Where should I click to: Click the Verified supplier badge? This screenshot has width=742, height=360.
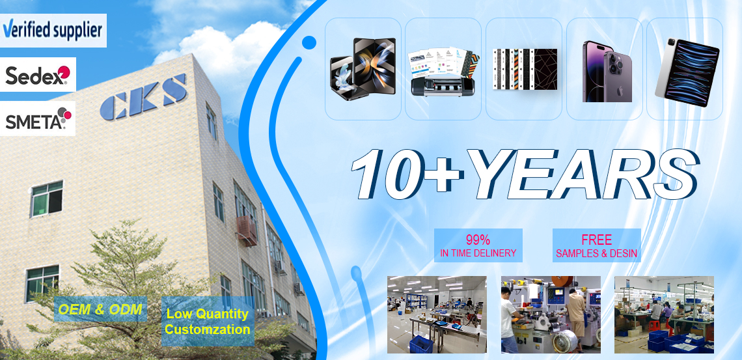click(53, 31)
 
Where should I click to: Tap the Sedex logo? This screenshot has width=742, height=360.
click(38, 74)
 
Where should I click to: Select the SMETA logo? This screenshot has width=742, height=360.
click(38, 118)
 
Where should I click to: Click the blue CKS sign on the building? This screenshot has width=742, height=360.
click(143, 96)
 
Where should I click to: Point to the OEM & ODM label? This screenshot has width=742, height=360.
click(100, 309)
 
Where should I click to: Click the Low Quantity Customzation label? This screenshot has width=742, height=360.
click(208, 321)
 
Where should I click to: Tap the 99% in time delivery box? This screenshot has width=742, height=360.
click(478, 245)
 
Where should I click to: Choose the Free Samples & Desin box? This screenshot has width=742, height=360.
click(597, 245)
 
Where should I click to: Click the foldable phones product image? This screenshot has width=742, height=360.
click(363, 69)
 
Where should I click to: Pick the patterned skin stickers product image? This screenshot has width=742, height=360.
click(525, 69)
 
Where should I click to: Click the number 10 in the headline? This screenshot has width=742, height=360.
click(388, 174)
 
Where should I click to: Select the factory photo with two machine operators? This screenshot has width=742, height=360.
click(551, 314)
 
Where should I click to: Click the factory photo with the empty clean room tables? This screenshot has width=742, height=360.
click(437, 314)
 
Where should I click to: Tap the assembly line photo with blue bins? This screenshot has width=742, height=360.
click(664, 314)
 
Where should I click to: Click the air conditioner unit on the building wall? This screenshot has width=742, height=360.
click(247, 231)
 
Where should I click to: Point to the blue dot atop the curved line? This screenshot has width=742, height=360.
click(309, 42)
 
